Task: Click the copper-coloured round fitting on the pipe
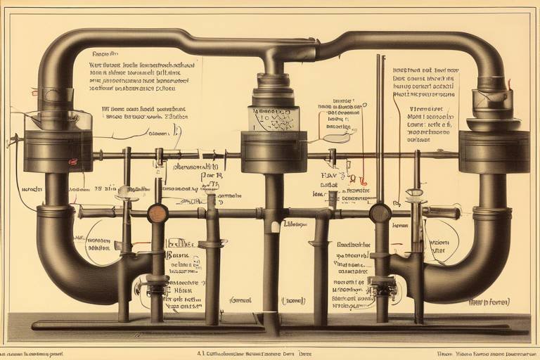click(x=157, y=213)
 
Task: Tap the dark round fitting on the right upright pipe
click(x=380, y=212)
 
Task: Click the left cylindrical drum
click(x=58, y=150)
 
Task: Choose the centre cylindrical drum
click(x=274, y=152)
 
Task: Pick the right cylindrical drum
click(x=494, y=151)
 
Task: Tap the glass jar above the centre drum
click(x=274, y=118)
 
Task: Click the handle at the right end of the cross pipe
click(x=442, y=212)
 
